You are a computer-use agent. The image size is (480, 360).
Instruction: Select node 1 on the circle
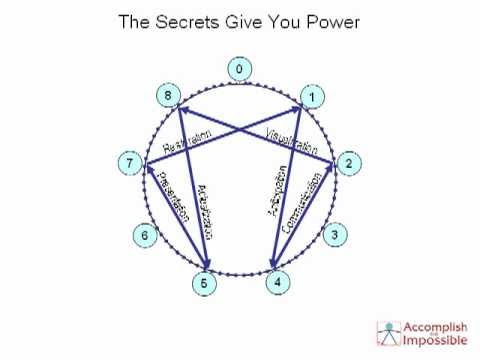point(311,97)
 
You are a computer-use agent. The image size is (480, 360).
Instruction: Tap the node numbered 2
point(347,163)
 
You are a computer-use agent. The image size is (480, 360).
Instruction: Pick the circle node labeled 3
point(336,236)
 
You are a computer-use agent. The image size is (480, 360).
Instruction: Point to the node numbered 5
point(204,283)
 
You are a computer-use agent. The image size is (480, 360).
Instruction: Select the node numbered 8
point(169,96)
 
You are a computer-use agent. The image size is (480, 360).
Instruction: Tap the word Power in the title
point(331,21)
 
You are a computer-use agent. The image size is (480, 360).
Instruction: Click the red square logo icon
point(388,333)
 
